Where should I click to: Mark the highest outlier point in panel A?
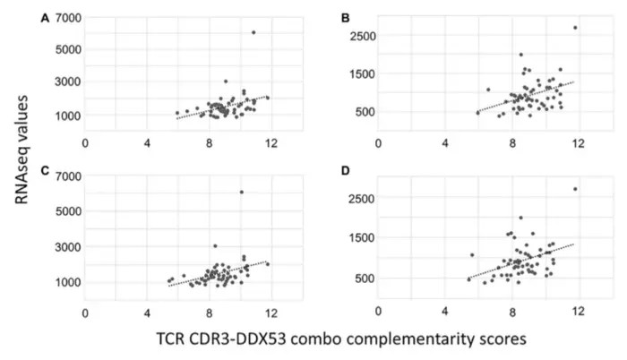pyautogui.click(x=253, y=32)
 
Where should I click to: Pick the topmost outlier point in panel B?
pyautogui.click(x=575, y=27)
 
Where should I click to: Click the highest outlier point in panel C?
pyautogui.click(x=241, y=192)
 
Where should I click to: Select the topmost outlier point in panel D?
pyautogui.click(x=575, y=188)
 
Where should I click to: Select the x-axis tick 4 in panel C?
pyautogui.click(x=147, y=313)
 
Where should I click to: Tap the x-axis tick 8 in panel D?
pyautogui.click(x=512, y=313)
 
